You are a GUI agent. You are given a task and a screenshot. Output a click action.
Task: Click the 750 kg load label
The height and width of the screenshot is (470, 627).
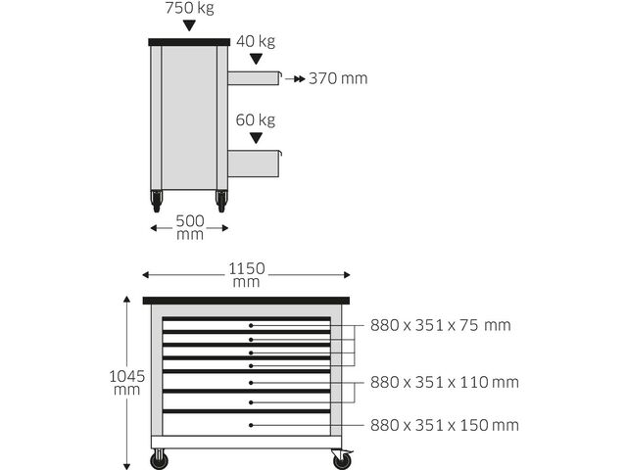click(x=189, y=8)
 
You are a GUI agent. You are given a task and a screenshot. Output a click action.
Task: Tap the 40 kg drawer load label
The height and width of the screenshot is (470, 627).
click(x=256, y=41)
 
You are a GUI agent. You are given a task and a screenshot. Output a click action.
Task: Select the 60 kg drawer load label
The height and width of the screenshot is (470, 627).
click(x=256, y=119)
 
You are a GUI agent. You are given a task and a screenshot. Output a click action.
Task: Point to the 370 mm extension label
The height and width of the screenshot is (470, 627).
click(x=338, y=78)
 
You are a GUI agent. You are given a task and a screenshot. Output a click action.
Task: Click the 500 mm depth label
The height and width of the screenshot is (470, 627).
click(x=190, y=227)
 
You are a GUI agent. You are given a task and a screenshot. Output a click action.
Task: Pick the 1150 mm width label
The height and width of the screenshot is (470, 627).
click(x=246, y=274)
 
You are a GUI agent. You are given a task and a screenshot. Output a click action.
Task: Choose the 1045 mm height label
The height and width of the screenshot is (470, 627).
click(x=126, y=383)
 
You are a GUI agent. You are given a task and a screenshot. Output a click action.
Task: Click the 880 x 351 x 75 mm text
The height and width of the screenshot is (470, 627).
click(x=440, y=325)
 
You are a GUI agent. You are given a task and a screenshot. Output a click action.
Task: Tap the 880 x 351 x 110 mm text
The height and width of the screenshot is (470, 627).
click(x=444, y=383)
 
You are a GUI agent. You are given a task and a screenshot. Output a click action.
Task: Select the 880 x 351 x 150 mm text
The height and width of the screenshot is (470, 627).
click(x=444, y=425)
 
